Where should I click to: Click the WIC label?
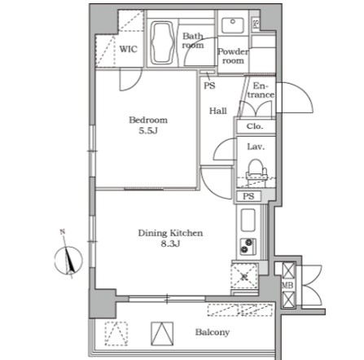[x=128, y=49]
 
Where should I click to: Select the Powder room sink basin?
[x=232, y=25]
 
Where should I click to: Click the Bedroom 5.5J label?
[x=148, y=125]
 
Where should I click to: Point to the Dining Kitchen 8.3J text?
[x=170, y=238]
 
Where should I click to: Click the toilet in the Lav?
[x=256, y=170]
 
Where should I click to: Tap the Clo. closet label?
[x=255, y=126]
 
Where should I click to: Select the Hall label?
[x=218, y=111]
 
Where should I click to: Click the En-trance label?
[x=261, y=90]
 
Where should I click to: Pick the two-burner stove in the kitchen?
[x=248, y=246]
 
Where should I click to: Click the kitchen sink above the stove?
[x=248, y=220]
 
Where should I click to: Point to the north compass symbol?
[x=68, y=261]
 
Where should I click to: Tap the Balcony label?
[x=213, y=332]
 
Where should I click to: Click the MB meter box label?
[x=287, y=285]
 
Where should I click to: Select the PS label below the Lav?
[x=248, y=196]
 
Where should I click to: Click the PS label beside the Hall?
[x=209, y=86]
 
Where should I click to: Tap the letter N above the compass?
[x=63, y=232]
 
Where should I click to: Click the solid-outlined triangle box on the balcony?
[x=162, y=334]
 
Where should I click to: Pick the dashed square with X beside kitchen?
[x=244, y=276]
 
